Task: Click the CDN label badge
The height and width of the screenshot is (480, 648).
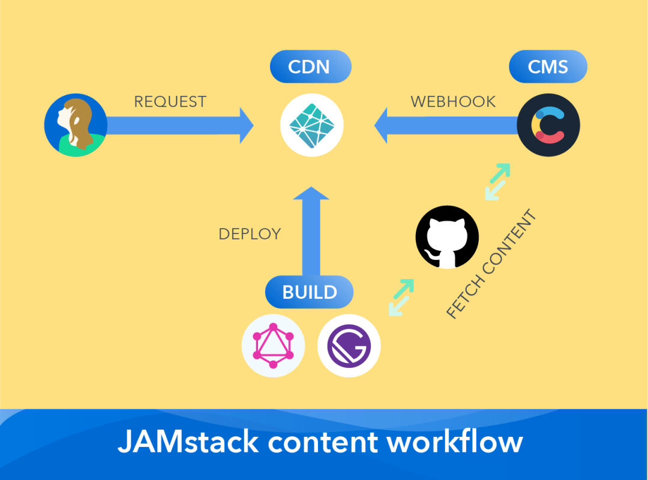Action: click(x=310, y=67)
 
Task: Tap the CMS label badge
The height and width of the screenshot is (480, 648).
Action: click(x=548, y=67)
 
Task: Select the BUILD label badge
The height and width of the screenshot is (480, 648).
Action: click(x=310, y=292)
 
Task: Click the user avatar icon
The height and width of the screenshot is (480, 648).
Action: click(x=76, y=125)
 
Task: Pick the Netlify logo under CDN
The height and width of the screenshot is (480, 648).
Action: click(x=311, y=125)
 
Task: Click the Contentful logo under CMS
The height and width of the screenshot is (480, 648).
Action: click(x=548, y=125)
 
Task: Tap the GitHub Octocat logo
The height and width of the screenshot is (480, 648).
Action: click(x=447, y=237)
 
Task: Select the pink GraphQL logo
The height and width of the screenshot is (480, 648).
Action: click(x=273, y=346)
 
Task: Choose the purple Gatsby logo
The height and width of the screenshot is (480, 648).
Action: click(x=349, y=346)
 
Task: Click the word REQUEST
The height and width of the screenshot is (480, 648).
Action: click(x=170, y=102)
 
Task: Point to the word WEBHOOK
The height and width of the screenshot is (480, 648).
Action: click(x=453, y=102)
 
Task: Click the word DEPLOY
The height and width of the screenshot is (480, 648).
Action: click(x=250, y=234)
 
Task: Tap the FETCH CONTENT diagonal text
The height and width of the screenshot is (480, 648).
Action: click(x=491, y=264)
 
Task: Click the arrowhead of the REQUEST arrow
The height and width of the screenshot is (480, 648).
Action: click(x=246, y=125)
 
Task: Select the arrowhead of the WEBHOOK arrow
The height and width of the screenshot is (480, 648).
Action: click(x=382, y=125)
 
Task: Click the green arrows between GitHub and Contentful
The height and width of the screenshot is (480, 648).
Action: click(x=497, y=181)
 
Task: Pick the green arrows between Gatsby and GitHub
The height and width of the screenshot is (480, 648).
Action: click(x=401, y=297)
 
